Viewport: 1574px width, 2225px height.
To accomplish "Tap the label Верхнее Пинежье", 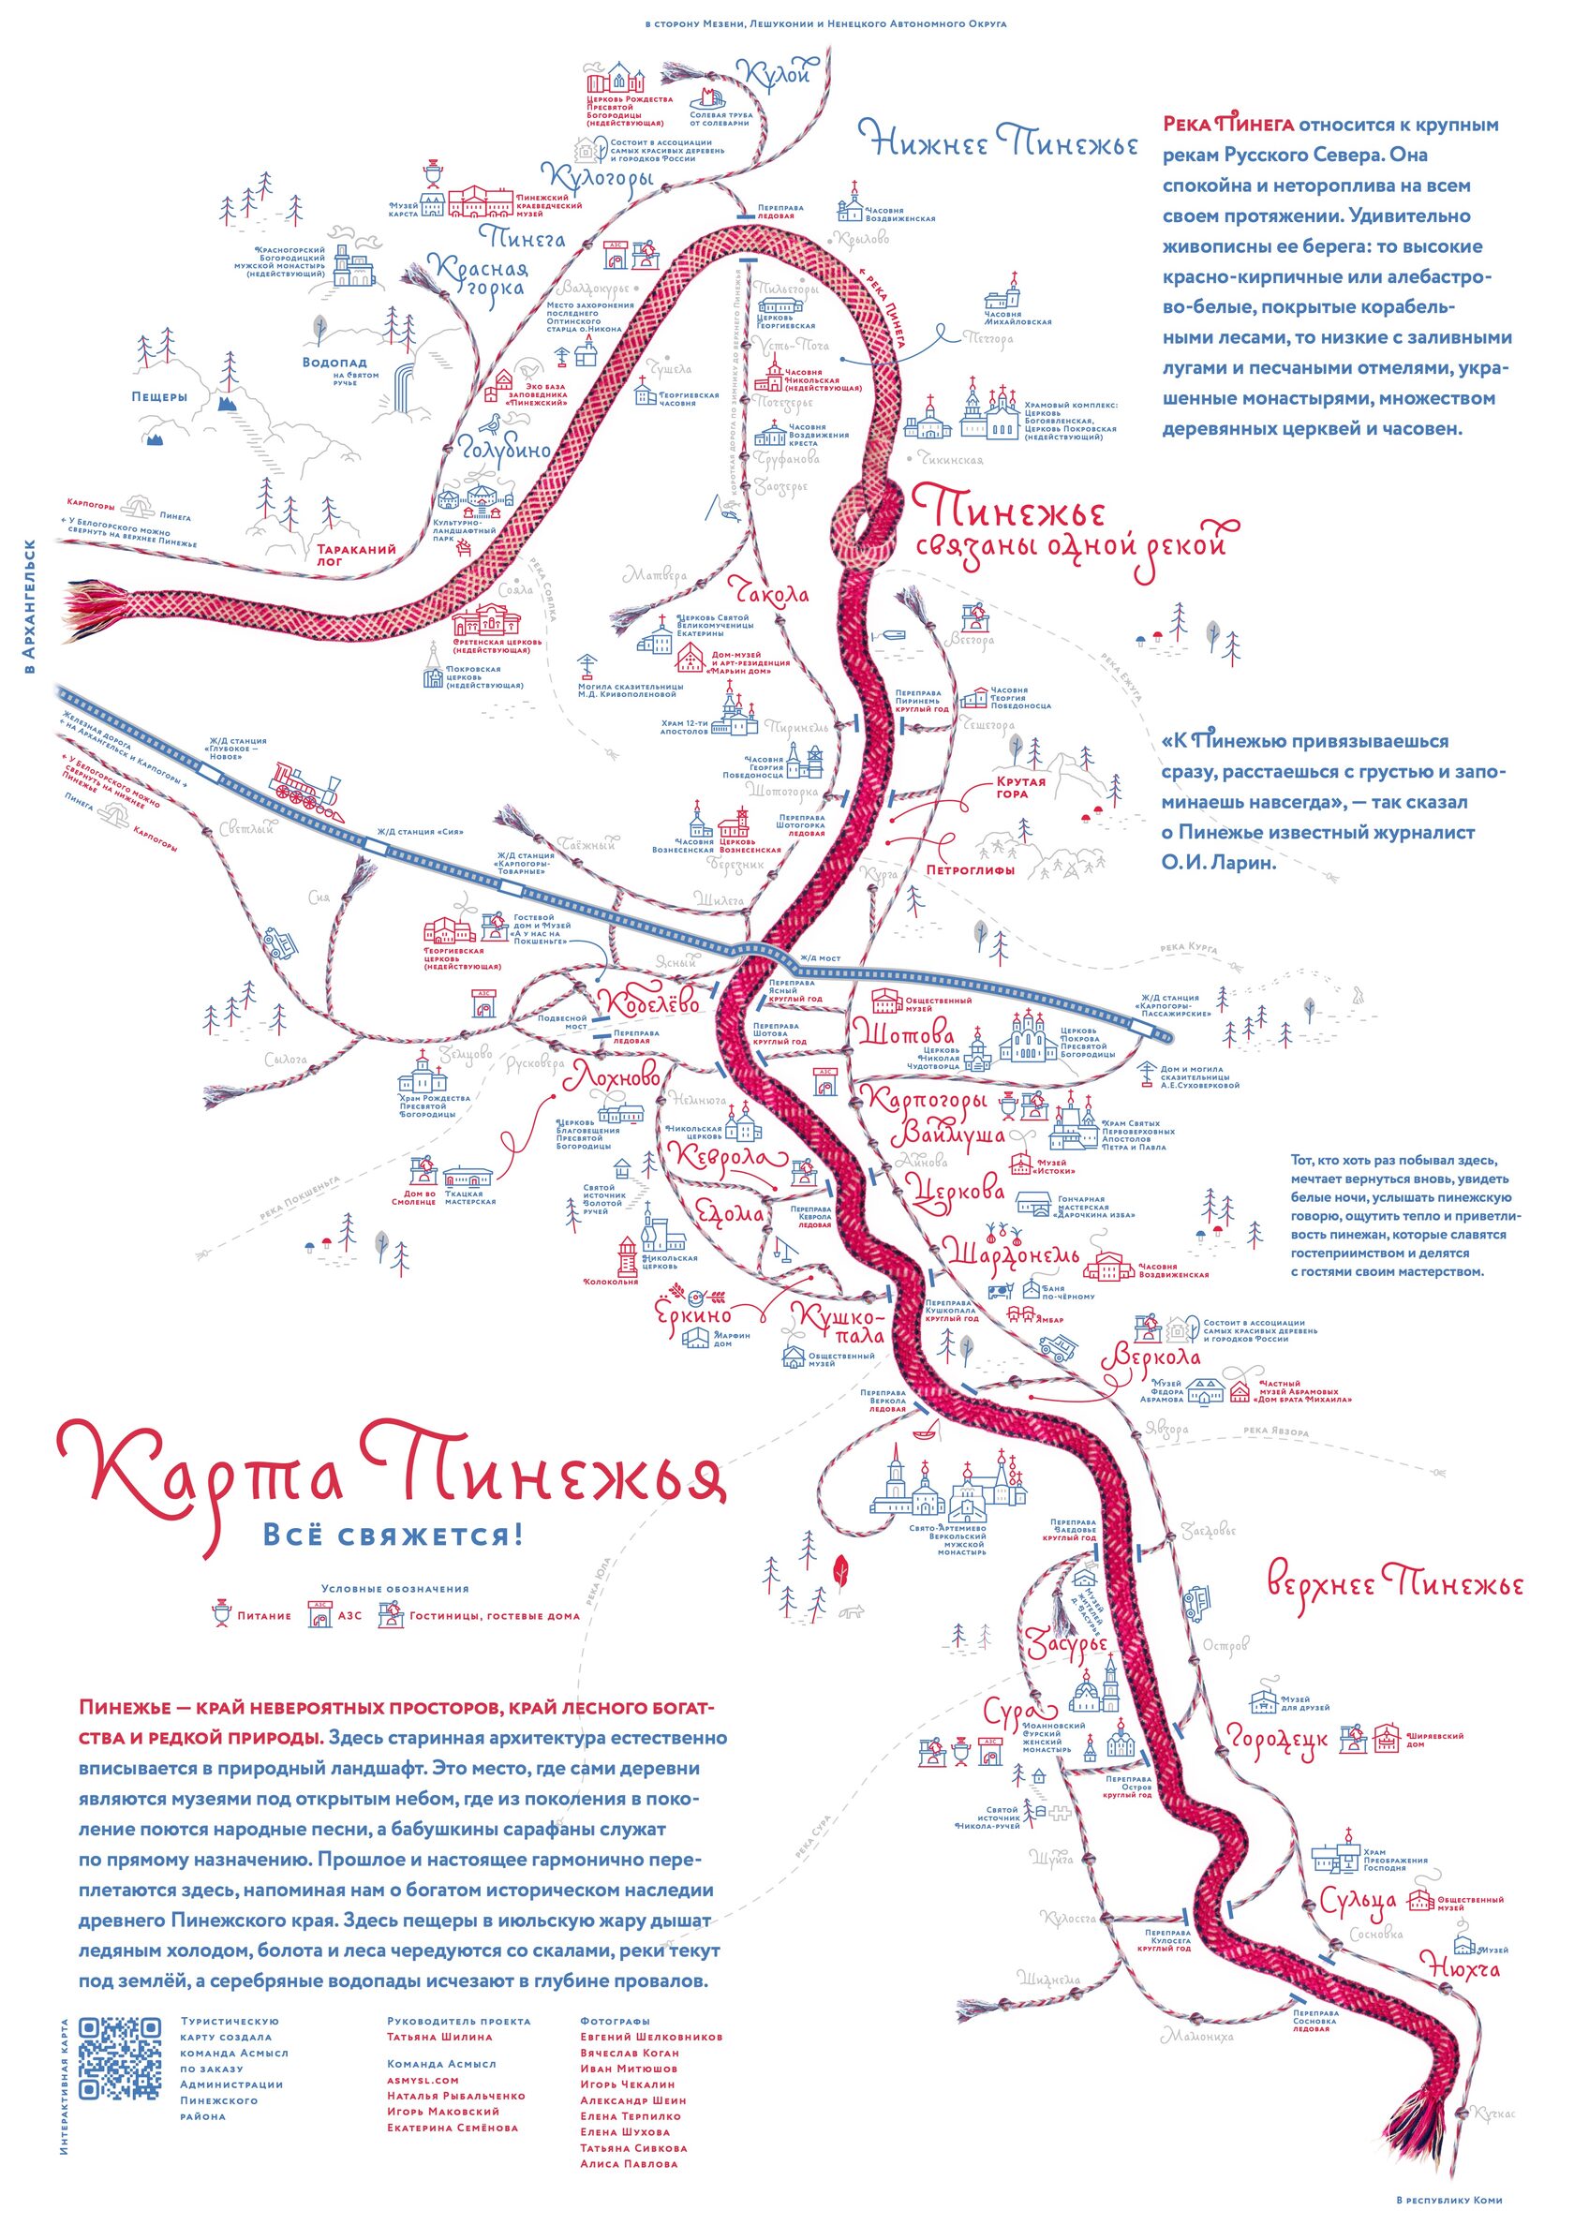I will click(x=1395, y=1585).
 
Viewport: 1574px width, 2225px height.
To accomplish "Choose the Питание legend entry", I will click(x=262, y=1615).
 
